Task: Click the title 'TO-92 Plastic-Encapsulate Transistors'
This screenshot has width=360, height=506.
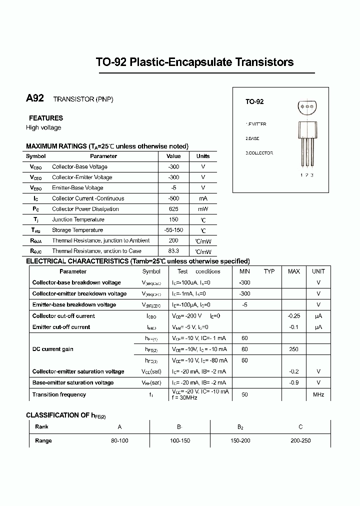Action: [x=194, y=62]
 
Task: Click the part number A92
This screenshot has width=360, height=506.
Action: [x=35, y=98]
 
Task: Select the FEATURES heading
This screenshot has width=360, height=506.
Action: [x=46, y=118]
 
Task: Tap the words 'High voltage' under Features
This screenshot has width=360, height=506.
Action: [x=43, y=127]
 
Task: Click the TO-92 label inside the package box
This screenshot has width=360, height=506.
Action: [x=254, y=101]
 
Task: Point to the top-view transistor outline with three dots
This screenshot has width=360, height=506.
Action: [x=307, y=106]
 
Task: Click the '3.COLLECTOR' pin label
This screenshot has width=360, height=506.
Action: [x=259, y=153]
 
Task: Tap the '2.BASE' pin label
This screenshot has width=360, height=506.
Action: [x=252, y=138]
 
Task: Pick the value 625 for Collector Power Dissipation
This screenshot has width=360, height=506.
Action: [x=173, y=209]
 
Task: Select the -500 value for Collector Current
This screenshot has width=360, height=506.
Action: [x=173, y=198]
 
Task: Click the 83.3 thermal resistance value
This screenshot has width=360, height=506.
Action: [x=173, y=251]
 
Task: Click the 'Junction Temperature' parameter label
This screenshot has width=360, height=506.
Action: [x=78, y=219]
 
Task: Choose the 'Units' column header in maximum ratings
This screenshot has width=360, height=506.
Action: [x=203, y=156]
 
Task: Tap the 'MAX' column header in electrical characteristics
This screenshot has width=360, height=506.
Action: [x=294, y=271]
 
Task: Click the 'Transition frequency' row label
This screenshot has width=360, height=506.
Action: [x=59, y=394]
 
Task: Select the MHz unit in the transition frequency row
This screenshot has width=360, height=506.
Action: [x=318, y=394]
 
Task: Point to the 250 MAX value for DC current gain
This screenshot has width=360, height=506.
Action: [x=294, y=349]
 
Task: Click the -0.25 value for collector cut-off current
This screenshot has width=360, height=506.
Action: [x=294, y=316]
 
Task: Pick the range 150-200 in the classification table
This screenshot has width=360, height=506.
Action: [x=240, y=440]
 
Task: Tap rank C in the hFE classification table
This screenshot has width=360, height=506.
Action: [x=300, y=427]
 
